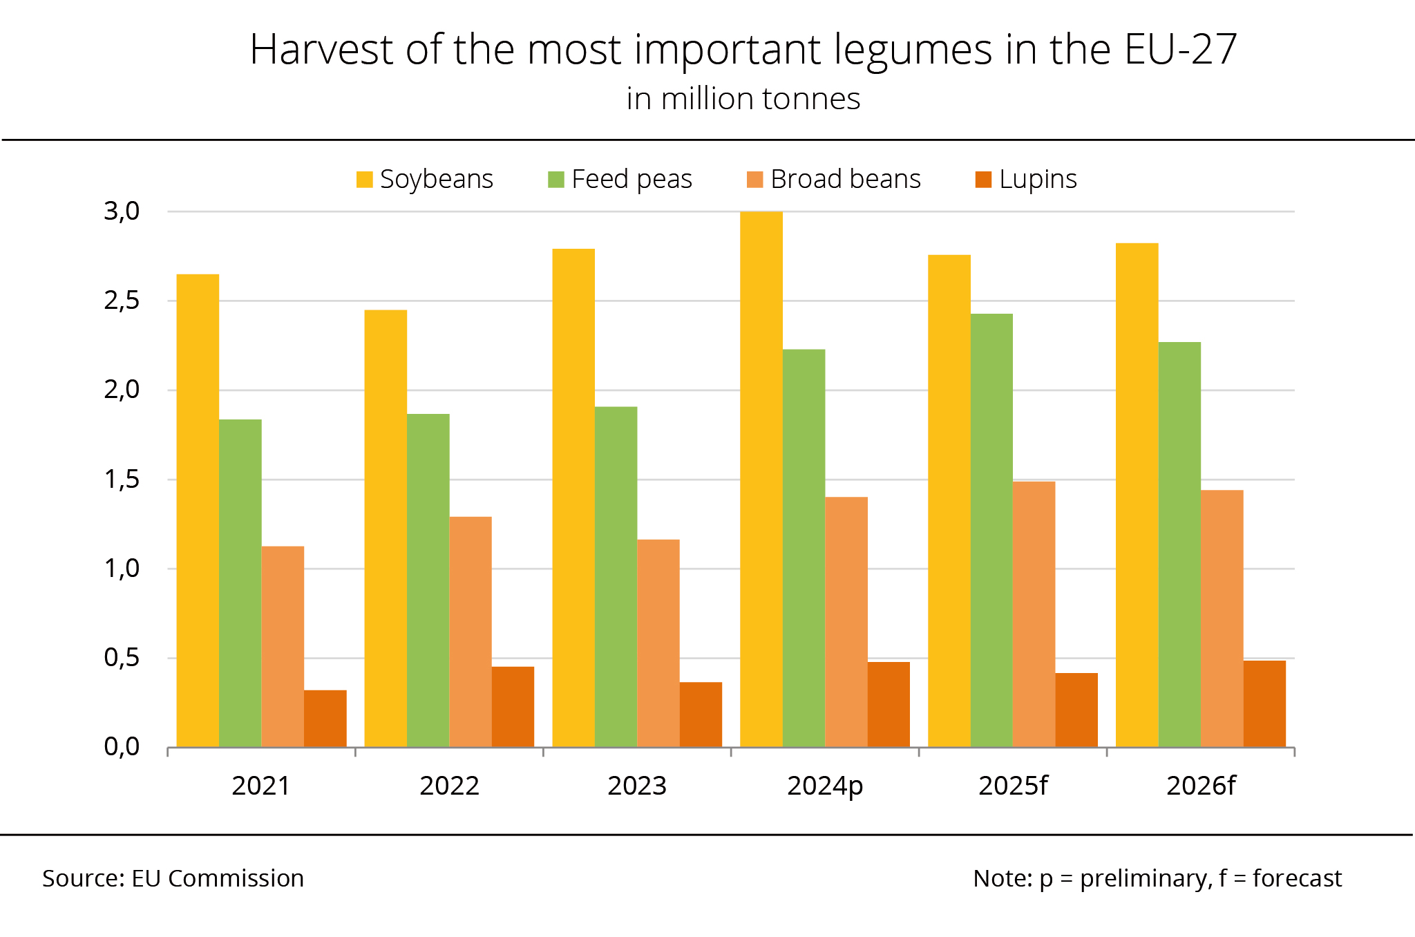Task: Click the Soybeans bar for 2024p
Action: pos(761,479)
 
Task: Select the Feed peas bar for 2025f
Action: pos(991,530)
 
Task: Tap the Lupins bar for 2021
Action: pos(325,718)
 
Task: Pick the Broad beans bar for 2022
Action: pos(470,632)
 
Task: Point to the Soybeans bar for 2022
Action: pos(386,528)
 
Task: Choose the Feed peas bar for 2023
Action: pos(616,576)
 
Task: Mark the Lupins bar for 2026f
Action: pos(1264,703)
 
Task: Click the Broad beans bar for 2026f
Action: pos(1222,618)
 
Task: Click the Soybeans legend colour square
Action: pos(364,180)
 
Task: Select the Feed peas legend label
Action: pos(631,180)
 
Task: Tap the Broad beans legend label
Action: pos(845,180)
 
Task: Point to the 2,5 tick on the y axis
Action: pos(122,301)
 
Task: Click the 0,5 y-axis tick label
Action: pos(122,658)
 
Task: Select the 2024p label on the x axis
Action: pos(825,786)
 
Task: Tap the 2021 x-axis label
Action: pos(260,786)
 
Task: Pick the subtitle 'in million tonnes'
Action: pos(743,99)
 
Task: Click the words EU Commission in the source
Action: pos(218,878)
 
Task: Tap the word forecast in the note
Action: pos(1297,878)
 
